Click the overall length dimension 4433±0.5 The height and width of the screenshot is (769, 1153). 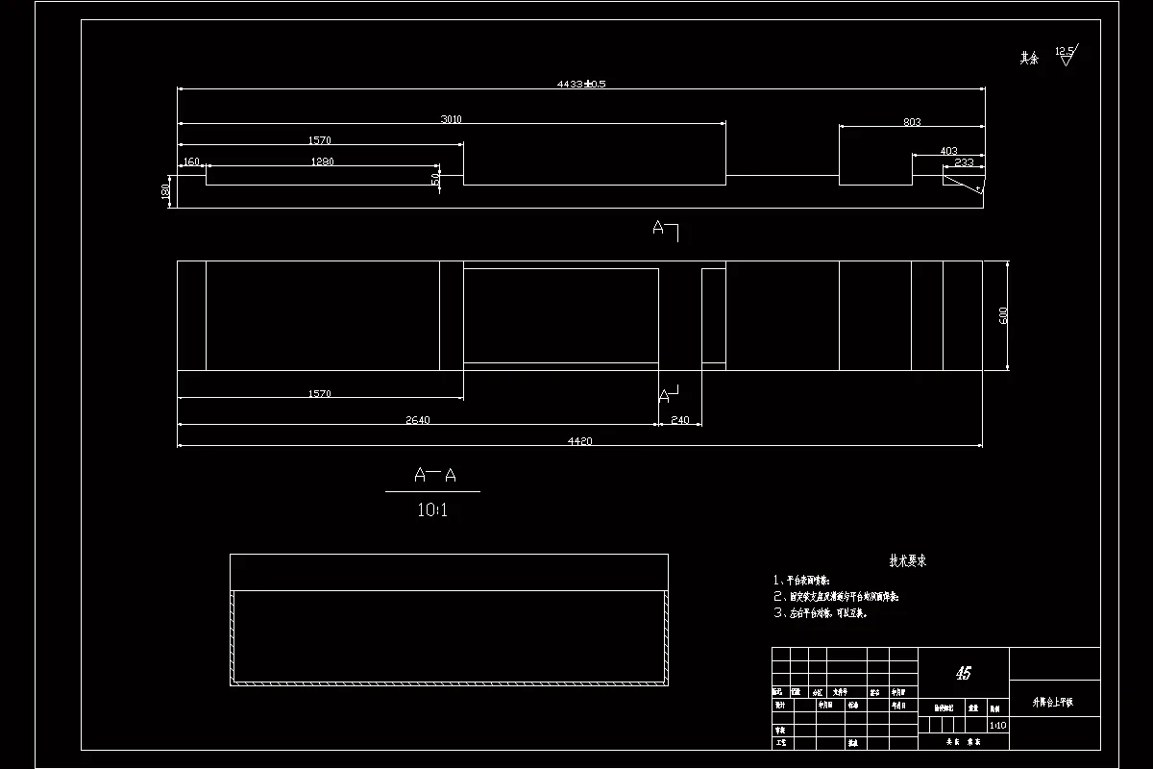pyautogui.click(x=581, y=84)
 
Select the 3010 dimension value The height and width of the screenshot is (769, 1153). pyautogui.click(x=452, y=119)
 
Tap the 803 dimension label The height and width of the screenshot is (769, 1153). pyautogui.click(x=912, y=122)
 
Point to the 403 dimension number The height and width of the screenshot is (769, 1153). pyautogui.click(x=948, y=151)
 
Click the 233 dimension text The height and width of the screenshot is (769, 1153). pyautogui.click(x=964, y=162)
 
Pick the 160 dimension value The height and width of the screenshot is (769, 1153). pyautogui.click(x=191, y=161)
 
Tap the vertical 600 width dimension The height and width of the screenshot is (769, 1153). pyautogui.click(x=1004, y=315)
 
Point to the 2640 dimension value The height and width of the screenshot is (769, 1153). pyautogui.click(x=416, y=419)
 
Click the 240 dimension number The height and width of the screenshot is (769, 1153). pyautogui.click(x=680, y=419)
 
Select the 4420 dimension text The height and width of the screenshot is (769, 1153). pyautogui.click(x=579, y=441)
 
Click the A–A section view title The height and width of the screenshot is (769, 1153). pyautogui.click(x=433, y=475)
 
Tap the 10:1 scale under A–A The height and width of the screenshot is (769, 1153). pyautogui.click(x=432, y=510)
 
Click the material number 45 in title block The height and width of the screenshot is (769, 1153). pyautogui.click(x=964, y=673)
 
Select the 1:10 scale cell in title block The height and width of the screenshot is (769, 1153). pyautogui.click(x=997, y=726)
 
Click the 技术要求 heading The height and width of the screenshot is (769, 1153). pyautogui.click(x=907, y=561)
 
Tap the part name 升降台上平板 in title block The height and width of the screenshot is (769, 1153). pyautogui.click(x=1053, y=703)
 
